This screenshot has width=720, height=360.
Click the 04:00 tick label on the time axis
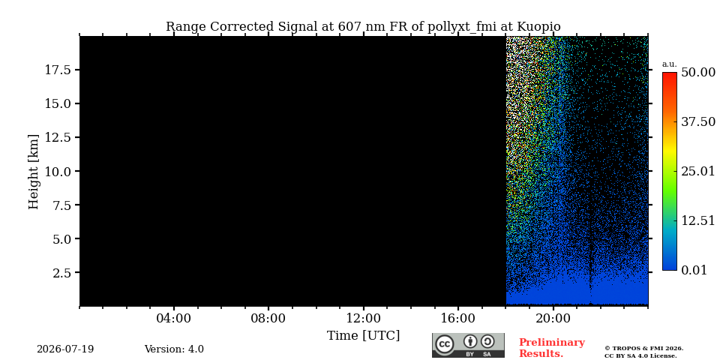tap(173, 319)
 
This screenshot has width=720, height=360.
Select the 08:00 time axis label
tap(268, 319)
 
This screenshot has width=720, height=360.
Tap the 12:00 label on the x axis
tap(364, 319)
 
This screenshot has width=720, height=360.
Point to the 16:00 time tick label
tap(458, 319)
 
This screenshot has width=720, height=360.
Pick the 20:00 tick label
tap(553, 319)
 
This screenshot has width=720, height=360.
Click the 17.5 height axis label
tap(57, 70)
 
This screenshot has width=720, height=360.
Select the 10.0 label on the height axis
tap(57, 171)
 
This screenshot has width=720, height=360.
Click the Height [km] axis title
tap(34, 172)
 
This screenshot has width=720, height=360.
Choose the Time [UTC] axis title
tap(363, 336)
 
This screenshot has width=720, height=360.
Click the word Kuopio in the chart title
tap(539, 27)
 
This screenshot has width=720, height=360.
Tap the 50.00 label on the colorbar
tap(698, 73)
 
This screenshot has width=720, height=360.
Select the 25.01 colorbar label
tap(698, 172)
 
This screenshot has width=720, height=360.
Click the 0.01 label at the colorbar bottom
tap(694, 270)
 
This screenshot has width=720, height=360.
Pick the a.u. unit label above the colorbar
tap(670, 64)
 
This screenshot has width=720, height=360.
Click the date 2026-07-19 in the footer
tap(65, 349)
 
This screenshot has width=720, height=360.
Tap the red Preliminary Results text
tap(552, 348)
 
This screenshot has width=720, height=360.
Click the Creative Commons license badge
tap(468, 345)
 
